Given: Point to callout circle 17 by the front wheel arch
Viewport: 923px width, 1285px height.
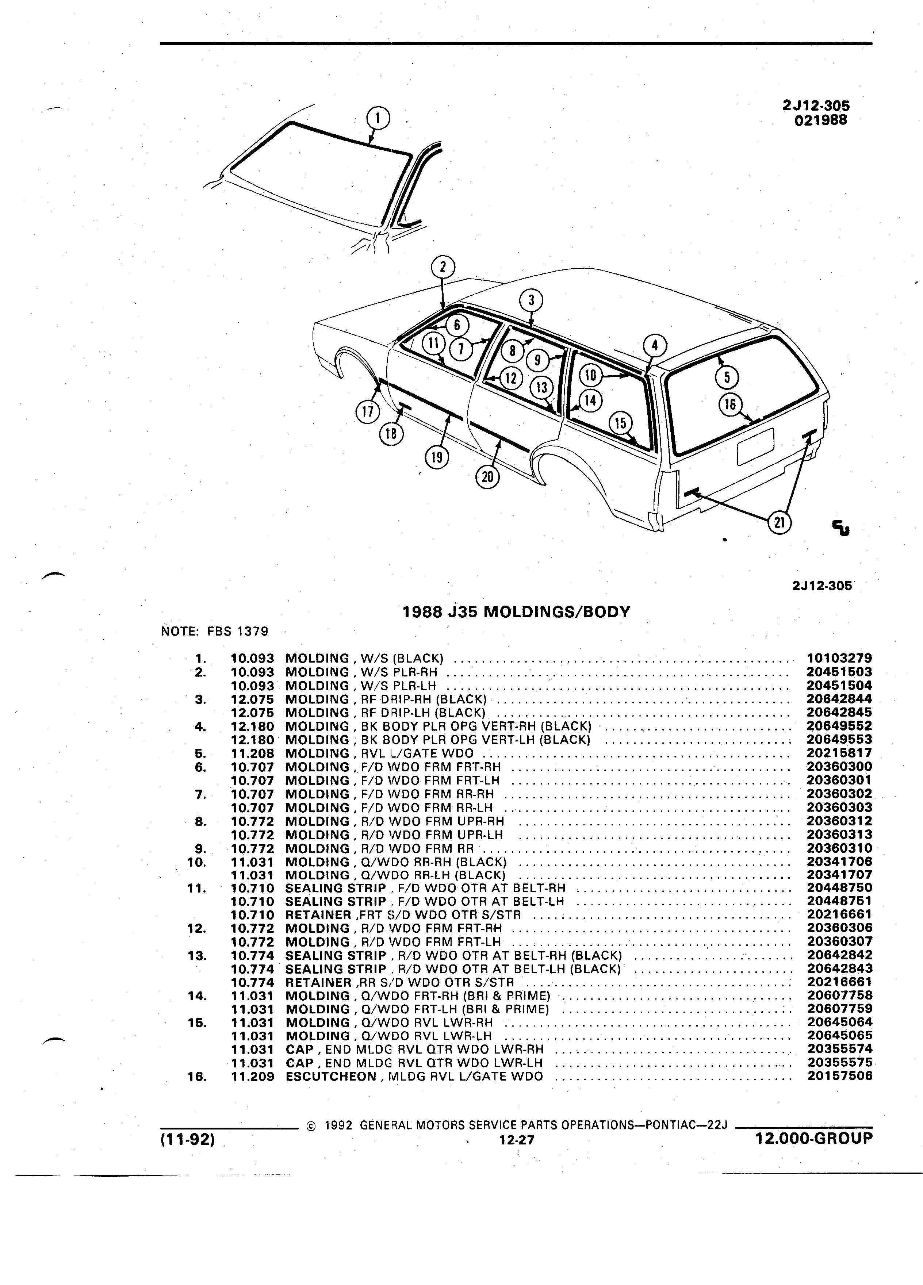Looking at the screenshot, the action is click(367, 411).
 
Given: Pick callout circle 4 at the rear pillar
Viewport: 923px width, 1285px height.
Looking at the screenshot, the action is click(655, 345).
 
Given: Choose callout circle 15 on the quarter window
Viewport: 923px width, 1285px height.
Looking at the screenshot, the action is click(620, 423).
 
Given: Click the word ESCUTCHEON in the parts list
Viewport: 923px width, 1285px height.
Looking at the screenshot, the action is click(331, 1076).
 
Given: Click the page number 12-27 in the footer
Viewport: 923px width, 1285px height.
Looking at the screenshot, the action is click(517, 1140).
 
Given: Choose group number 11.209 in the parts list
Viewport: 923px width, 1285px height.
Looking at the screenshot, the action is click(253, 1076).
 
